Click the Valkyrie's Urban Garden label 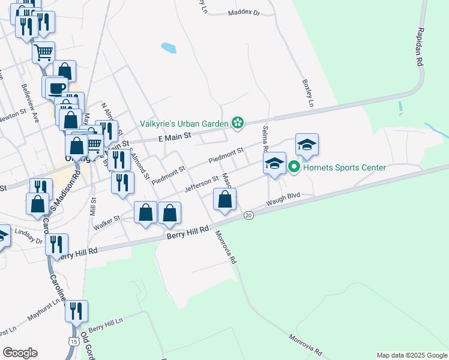(x=184, y=124)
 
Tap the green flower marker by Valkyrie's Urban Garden (x=238, y=124)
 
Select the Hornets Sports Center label (x=344, y=167)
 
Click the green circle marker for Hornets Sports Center (x=294, y=167)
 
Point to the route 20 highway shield (x=249, y=215)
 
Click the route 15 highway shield (x=73, y=341)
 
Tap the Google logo (x=20, y=353)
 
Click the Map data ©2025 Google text (x=411, y=355)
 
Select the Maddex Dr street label (x=244, y=12)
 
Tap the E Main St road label (x=175, y=137)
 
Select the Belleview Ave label (x=29, y=103)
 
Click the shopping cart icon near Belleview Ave (x=43, y=52)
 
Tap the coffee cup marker (x=57, y=88)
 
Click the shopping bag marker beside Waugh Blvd (x=224, y=200)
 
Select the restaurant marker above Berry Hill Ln (x=76, y=311)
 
